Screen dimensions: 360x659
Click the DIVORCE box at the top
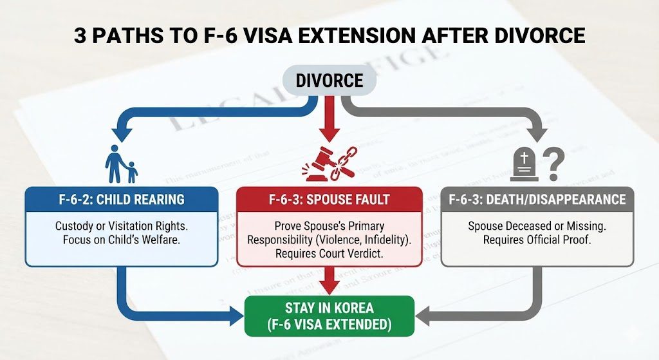point(329,81)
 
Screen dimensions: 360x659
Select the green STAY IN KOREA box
point(329,315)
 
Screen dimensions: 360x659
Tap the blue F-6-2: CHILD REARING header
point(121,199)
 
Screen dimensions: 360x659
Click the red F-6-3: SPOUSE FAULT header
point(329,199)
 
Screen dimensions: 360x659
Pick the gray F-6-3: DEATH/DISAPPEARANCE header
point(537,199)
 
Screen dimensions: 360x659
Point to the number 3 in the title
point(80,35)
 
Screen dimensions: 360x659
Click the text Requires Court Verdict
point(329,254)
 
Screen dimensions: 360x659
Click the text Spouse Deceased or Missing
point(537,227)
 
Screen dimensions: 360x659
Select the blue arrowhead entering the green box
point(235,316)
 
